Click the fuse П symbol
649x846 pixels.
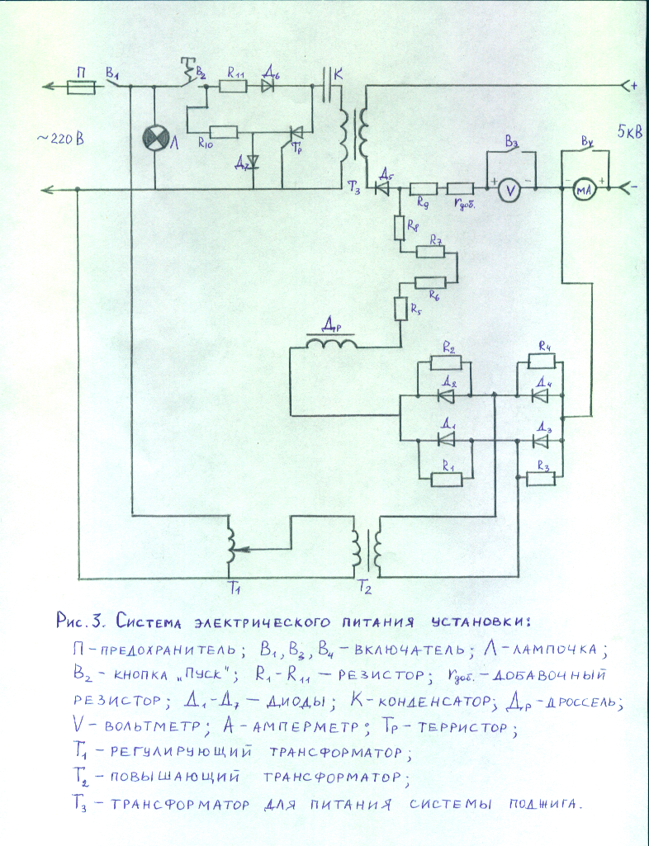point(79,86)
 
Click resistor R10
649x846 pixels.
point(224,130)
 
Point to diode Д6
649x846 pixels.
point(268,85)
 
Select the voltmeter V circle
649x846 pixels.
point(510,190)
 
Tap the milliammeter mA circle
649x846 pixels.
point(585,190)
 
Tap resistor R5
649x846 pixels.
point(400,309)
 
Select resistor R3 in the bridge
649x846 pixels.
point(542,478)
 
